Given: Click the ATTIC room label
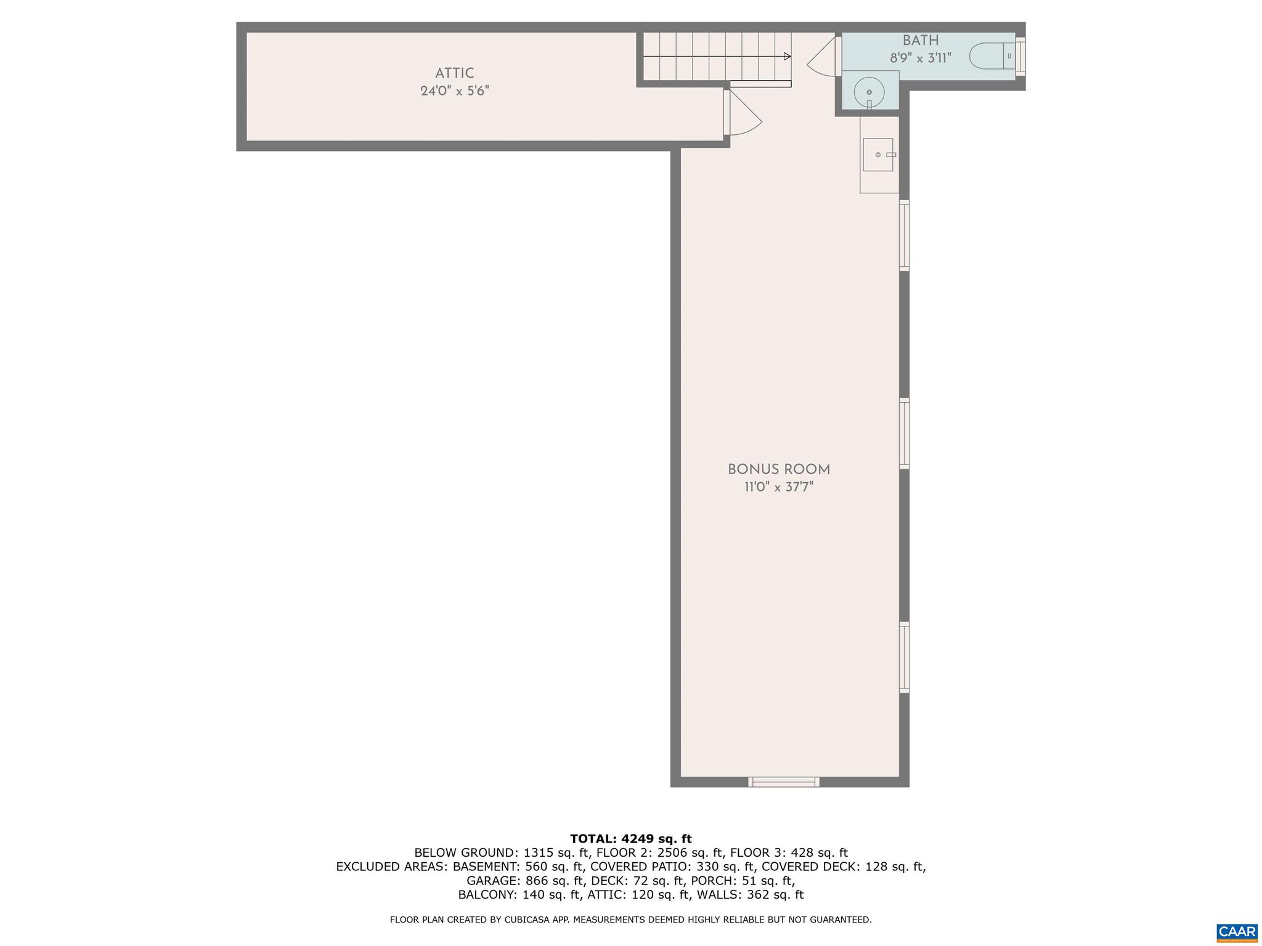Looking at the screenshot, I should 454,73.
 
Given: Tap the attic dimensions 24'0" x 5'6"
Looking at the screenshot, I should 454,91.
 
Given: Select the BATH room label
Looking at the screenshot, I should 921,41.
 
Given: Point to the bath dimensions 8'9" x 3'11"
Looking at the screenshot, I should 921,59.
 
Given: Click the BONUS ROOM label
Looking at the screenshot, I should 779,469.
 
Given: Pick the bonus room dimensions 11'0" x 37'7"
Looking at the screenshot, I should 779,487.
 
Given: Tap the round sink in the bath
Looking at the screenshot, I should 869,92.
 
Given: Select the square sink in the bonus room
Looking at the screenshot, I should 877,155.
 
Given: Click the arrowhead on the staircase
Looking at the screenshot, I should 787,57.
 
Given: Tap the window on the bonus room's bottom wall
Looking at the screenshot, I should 783,782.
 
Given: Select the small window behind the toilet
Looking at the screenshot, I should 1020,56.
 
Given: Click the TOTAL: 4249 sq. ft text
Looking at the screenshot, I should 630,838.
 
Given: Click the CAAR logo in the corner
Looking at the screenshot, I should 1237,932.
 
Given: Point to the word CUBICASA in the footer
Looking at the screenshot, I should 529,920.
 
